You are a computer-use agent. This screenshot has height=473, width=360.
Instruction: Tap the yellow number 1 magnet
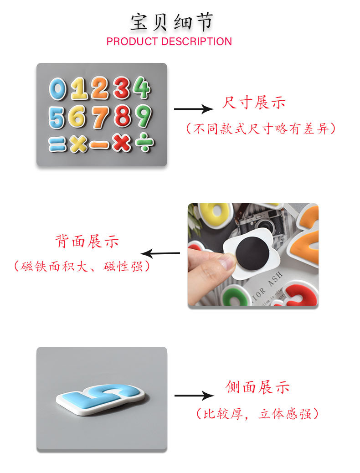coord(79,89)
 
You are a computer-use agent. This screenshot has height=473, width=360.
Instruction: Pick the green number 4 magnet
coord(142,88)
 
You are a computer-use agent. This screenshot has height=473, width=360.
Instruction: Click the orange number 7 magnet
coord(100,117)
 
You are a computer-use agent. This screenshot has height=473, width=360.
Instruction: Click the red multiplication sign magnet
coord(121,144)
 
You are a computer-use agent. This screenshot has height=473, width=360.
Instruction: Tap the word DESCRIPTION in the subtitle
coord(196,41)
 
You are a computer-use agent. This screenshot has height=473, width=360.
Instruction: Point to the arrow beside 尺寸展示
coord(193,109)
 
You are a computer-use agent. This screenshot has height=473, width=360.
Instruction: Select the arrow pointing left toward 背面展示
coord(160,253)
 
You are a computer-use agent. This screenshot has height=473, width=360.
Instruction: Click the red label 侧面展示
coord(257,387)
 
